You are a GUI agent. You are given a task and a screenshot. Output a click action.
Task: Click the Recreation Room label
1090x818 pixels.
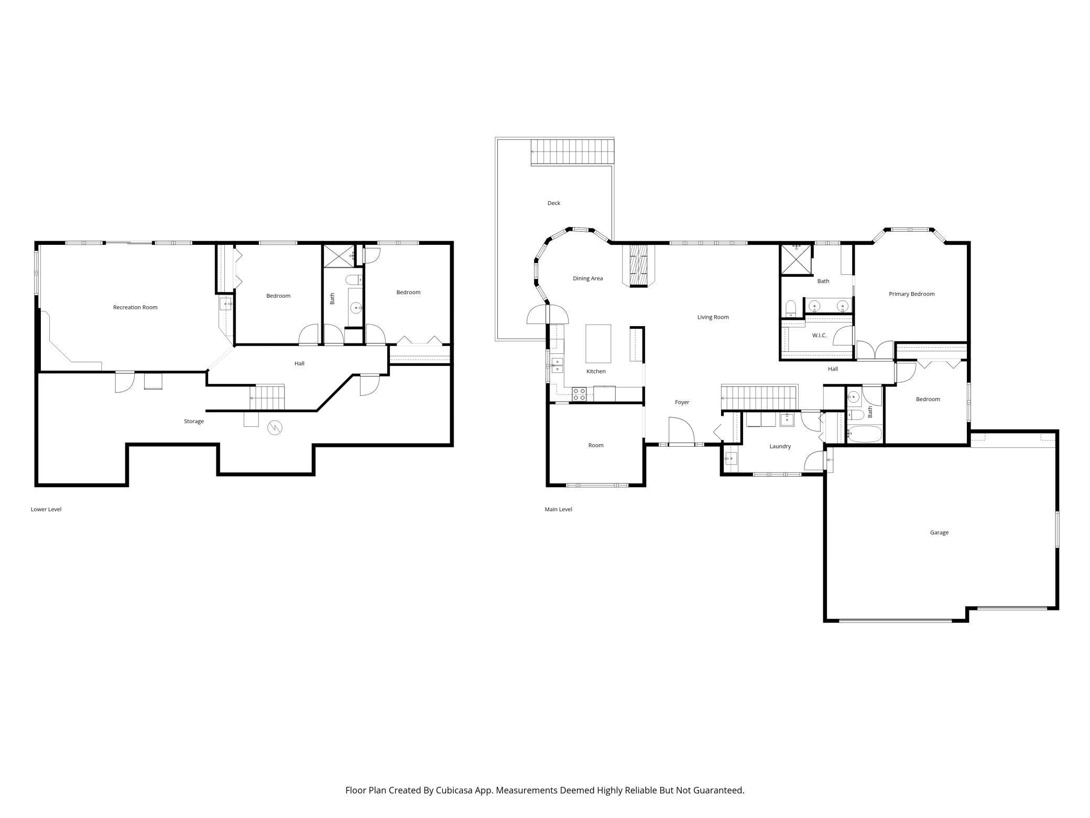click(x=135, y=307)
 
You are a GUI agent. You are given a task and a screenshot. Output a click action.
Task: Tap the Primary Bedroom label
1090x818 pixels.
click(x=911, y=294)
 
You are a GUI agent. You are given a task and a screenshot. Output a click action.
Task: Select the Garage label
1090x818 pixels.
click(x=939, y=533)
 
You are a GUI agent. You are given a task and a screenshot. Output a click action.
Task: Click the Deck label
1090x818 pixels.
click(x=554, y=203)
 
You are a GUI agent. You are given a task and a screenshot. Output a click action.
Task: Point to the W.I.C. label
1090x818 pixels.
click(x=819, y=335)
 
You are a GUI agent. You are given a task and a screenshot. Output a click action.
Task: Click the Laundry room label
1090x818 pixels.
click(x=780, y=446)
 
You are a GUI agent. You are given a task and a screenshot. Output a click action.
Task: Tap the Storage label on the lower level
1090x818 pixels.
click(x=194, y=421)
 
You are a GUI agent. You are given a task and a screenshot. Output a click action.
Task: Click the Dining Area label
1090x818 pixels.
click(x=587, y=278)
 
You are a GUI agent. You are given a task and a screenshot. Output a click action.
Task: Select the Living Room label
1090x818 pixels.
click(x=713, y=317)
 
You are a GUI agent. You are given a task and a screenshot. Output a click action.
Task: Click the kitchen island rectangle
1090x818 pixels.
click(x=598, y=344)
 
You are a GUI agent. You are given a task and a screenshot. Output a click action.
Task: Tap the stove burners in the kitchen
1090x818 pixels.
click(x=579, y=394)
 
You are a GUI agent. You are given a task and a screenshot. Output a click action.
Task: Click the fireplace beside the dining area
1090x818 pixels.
click(x=638, y=266)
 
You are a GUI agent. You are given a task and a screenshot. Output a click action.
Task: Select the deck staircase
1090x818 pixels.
click(x=572, y=152)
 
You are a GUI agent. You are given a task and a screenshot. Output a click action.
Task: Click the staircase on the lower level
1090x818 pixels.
click(x=267, y=398)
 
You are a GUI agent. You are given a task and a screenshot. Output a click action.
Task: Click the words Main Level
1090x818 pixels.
click(x=558, y=509)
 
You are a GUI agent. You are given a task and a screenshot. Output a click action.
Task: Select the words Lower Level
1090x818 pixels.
click(x=46, y=509)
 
